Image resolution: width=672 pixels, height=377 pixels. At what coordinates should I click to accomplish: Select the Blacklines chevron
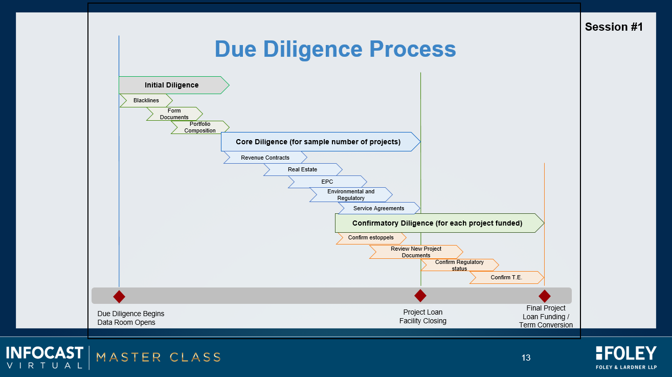coord(146,101)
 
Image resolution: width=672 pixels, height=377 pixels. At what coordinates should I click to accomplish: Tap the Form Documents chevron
coord(174,114)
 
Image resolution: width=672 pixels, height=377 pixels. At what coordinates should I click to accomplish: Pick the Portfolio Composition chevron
coord(200,127)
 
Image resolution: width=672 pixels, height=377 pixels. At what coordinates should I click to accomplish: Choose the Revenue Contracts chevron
coord(265,158)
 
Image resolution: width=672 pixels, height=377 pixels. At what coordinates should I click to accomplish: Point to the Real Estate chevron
coord(303,170)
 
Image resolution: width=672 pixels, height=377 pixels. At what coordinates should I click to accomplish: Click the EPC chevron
coord(327,182)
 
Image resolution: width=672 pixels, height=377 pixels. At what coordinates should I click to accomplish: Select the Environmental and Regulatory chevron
coord(351,195)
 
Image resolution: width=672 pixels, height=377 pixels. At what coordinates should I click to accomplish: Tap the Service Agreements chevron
coord(379,208)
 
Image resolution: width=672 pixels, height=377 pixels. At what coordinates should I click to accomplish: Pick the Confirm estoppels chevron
coord(371,238)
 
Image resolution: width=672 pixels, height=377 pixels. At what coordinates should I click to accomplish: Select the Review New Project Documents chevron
coord(416,252)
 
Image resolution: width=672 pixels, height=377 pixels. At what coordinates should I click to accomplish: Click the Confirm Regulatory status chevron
coord(459,265)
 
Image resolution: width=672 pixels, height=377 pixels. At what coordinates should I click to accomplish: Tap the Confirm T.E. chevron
coord(506,277)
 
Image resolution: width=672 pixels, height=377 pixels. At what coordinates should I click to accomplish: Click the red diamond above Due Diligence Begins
coord(119,297)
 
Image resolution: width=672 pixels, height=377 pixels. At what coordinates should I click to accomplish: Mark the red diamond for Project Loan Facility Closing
coord(420,296)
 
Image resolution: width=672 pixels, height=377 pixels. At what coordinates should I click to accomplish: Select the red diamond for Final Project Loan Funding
coord(545,296)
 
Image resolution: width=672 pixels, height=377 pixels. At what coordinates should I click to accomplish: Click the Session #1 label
coord(614,27)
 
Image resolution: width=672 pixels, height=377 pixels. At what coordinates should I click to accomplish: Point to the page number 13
coord(526,358)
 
